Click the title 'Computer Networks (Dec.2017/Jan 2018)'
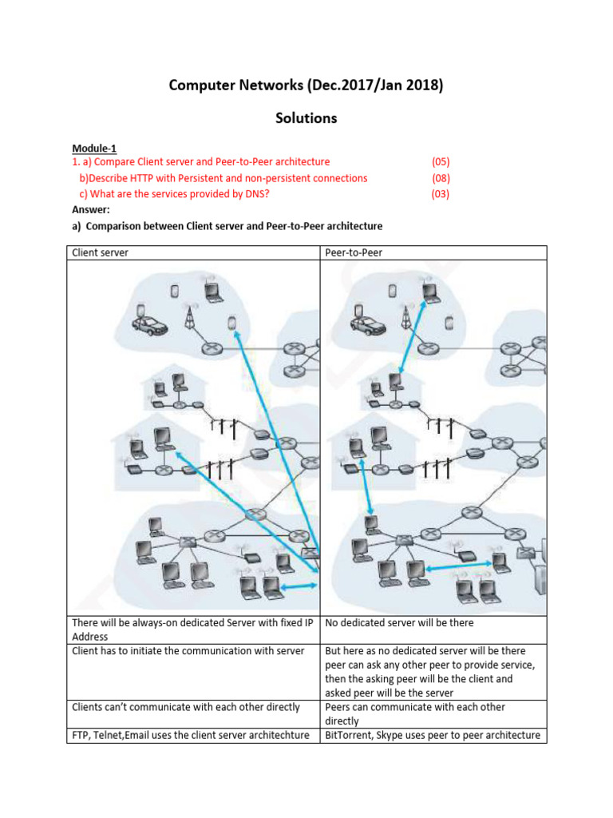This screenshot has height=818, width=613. coord(306,85)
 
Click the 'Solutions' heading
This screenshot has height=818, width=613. coord(306,118)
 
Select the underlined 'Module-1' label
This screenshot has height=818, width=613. coord(94,148)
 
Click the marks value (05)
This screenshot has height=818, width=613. coord(441,162)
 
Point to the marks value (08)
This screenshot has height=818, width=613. coord(441,178)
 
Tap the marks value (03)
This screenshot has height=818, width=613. coord(441,194)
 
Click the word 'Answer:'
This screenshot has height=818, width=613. coord(92,210)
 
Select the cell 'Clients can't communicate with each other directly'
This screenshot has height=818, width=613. coord(186,707)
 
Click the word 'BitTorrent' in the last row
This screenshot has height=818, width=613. coord(350,735)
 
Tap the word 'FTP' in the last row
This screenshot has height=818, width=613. coord(81,735)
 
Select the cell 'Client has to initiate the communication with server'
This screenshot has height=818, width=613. coord(188,651)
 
